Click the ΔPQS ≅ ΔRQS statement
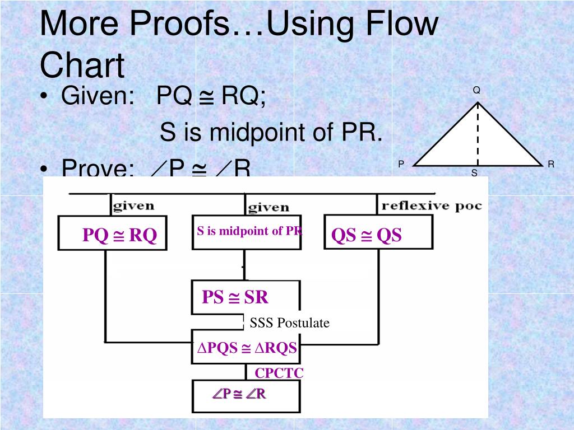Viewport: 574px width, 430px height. pos(246,348)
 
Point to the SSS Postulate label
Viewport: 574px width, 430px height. pos(289,323)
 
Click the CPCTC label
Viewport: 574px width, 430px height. pos(279,373)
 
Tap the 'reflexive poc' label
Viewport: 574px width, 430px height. pos(431,205)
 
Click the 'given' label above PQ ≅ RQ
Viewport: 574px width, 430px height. pos(133,205)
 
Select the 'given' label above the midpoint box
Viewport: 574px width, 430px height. pos(269,208)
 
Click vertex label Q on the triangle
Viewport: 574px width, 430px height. pos(476,91)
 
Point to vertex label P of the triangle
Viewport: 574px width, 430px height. pos(401,164)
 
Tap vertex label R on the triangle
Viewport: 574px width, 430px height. pos(551,164)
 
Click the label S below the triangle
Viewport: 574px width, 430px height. pos(474,174)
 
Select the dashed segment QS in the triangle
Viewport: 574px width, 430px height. pos(478,134)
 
